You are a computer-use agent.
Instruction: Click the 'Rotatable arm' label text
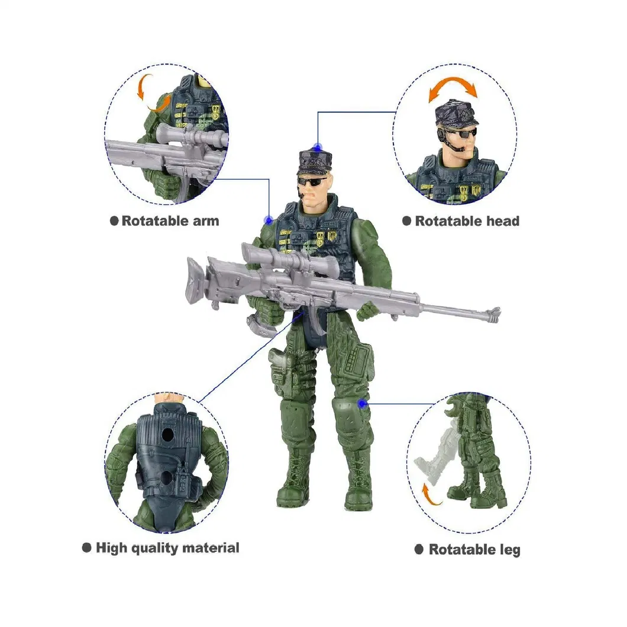170,221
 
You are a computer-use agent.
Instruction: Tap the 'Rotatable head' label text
467,221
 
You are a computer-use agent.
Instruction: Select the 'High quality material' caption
167,548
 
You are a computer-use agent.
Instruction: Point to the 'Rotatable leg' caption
474,550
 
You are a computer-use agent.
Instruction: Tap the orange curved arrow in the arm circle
148,93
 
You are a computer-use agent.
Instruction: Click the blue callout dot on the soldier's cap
318,147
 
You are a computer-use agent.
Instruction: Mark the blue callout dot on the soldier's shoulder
269,220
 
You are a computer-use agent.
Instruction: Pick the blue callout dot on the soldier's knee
362,403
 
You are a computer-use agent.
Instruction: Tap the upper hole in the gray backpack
169,435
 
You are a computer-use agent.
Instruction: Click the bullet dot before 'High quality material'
86,548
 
